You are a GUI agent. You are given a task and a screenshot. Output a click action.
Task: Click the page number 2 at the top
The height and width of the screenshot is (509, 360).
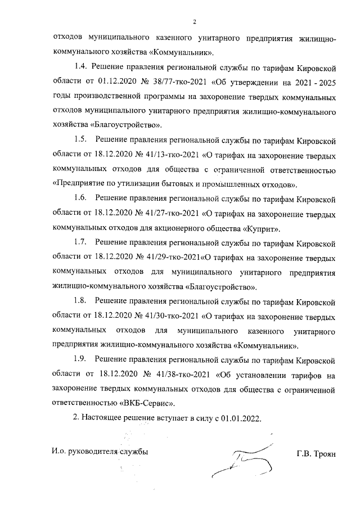coord(193,22)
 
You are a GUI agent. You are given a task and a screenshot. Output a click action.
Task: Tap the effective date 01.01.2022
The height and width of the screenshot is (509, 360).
coord(242,419)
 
